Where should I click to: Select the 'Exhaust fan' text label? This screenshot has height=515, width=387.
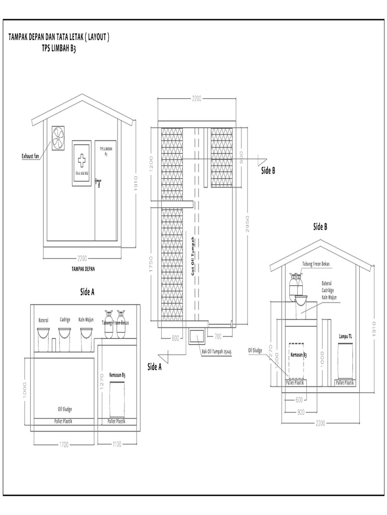30,155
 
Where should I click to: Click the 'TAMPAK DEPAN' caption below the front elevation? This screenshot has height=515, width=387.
83,269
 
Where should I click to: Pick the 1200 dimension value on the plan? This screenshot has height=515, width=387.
151,163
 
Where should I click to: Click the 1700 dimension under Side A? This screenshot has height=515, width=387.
64,445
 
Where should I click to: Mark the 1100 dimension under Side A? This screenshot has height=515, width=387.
117,445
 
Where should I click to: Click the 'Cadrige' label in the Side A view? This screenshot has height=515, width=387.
65,320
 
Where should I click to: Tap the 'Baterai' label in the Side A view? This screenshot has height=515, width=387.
43,320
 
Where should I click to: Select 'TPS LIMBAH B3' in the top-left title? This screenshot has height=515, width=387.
58,49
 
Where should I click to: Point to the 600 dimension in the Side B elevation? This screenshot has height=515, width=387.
299,400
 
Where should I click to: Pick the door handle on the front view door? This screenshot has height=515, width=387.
99,183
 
